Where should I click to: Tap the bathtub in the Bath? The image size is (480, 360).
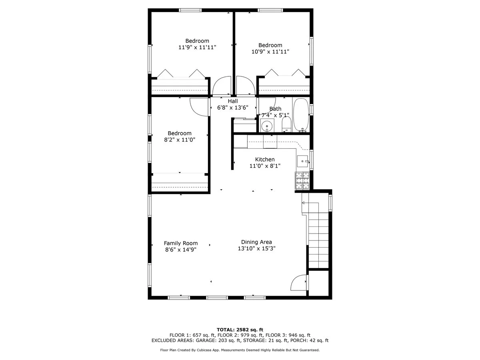[x=301, y=115]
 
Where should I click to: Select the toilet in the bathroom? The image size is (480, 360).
[x=286, y=124]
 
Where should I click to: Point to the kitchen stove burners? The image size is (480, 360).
[x=302, y=180]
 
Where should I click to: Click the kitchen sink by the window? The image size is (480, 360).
[x=302, y=162]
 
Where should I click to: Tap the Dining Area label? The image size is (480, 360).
[x=256, y=242]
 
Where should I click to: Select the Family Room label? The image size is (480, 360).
[x=181, y=243]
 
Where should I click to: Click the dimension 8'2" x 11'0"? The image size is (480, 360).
[x=179, y=140]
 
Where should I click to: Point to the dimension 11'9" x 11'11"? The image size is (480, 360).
[x=197, y=47]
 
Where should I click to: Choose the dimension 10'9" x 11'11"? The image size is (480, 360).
[x=270, y=52]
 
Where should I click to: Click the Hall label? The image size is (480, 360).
[x=233, y=101]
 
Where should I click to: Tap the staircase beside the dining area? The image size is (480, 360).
[x=318, y=240]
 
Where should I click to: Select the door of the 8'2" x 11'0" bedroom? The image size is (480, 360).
[x=199, y=107]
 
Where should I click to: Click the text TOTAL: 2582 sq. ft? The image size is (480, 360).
[x=240, y=330]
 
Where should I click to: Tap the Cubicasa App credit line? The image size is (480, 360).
[x=240, y=350]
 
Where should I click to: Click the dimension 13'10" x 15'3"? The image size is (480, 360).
[x=256, y=248]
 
